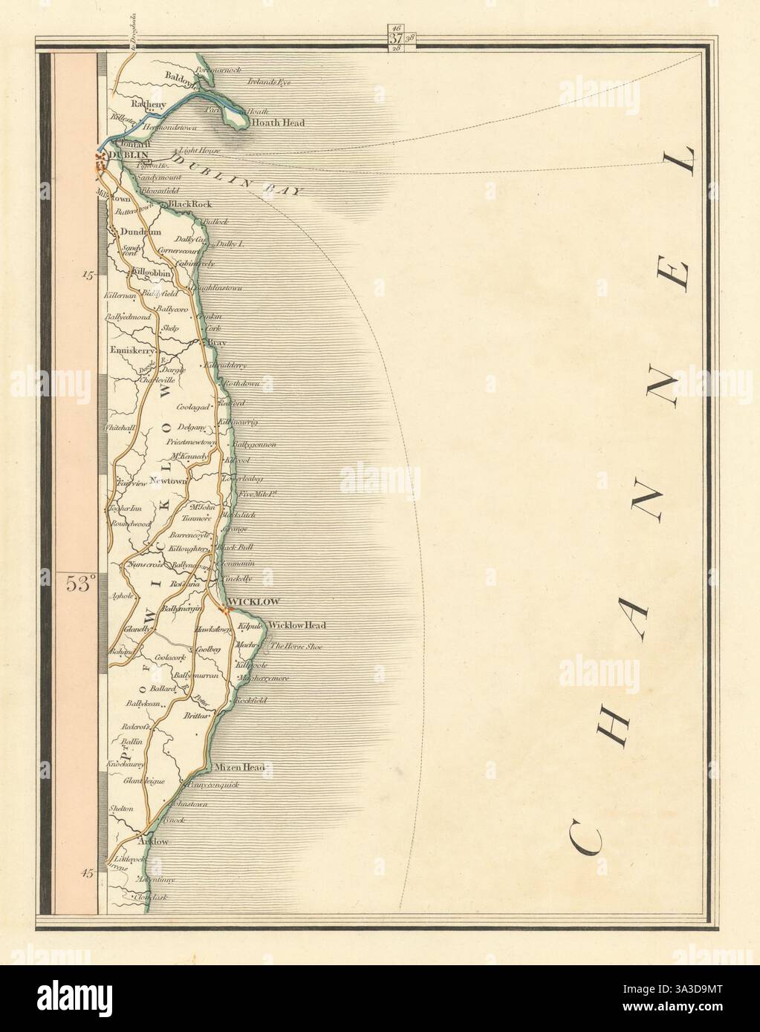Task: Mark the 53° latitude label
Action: click(x=77, y=584)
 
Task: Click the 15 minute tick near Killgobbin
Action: click(x=89, y=275)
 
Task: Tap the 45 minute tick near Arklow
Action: click(x=88, y=874)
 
